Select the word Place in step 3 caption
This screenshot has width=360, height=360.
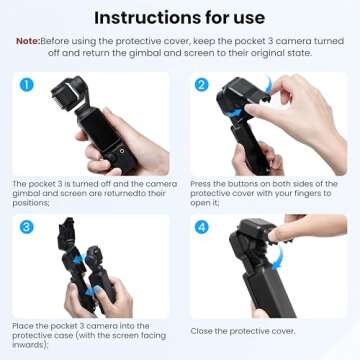click(23, 326)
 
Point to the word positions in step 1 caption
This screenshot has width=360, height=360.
click(31, 203)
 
